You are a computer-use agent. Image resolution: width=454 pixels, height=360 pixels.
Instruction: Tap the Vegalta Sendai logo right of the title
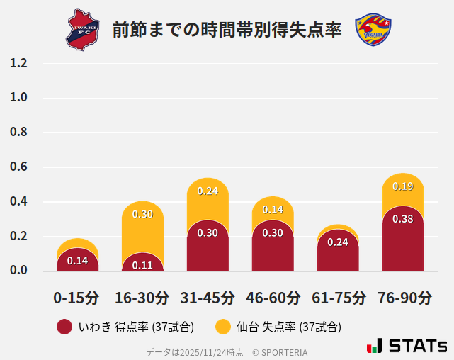point(373,29)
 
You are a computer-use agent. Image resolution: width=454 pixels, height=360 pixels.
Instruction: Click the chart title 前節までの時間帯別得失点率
point(227,30)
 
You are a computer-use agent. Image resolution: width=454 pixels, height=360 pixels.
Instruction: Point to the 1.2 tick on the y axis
point(19,63)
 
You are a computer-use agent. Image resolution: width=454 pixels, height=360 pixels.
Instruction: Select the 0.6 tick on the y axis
point(19,167)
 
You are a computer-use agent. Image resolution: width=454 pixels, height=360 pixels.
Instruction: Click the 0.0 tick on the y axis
point(19,271)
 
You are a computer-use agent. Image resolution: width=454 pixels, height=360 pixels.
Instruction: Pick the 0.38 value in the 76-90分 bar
point(403,219)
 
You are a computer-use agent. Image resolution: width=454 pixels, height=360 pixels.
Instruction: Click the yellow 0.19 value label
point(403,186)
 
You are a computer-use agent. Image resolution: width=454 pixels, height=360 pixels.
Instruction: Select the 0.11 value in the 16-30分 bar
point(142,266)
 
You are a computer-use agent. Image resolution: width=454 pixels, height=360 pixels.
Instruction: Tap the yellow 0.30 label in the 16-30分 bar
point(142,214)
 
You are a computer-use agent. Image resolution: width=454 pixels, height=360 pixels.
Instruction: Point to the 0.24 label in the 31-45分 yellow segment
point(208,191)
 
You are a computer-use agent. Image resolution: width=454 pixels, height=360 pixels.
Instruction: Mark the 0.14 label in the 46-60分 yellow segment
point(273,209)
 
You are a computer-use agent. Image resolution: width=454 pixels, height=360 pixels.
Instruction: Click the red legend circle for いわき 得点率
point(64,327)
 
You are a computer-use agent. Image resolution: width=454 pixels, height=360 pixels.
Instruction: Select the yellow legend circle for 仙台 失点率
point(223,327)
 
